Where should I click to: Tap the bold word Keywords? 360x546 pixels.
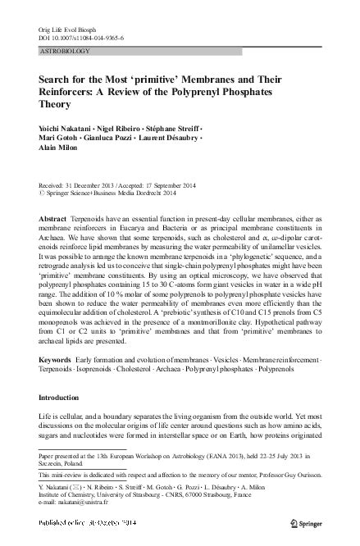point(57,362)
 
